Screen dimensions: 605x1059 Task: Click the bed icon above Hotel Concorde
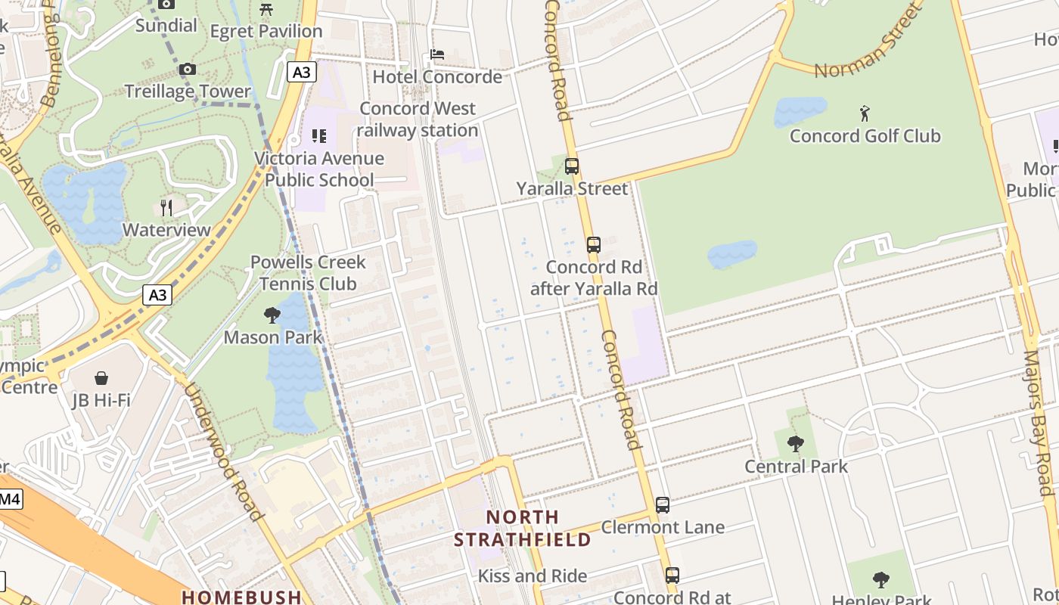pos(437,54)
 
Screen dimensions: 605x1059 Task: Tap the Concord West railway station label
pos(418,119)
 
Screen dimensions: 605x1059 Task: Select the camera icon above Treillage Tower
pos(187,70)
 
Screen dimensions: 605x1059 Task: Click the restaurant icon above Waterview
pos(166,207)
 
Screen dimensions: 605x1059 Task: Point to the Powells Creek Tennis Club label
pos(308,273)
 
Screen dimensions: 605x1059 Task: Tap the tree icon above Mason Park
pos(272,315)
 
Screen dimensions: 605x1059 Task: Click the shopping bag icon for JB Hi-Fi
pos(101,377)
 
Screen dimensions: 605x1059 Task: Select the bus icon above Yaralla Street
pos(572,166)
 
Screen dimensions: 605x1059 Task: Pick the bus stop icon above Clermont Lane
pos(663,504)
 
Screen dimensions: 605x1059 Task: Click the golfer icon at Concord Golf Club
pos(865,114)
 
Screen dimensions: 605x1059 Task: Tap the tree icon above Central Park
pos(795,444)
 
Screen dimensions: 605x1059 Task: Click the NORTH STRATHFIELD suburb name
pos(523,529)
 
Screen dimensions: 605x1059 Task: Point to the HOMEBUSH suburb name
pos(242,597)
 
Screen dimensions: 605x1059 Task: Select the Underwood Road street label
pos(224,451)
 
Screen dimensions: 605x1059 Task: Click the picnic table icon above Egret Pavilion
pos(266,9)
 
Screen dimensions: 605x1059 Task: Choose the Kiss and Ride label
pos(533,576)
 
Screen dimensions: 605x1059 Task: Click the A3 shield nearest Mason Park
pos(157,295)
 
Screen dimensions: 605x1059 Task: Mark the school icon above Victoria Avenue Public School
pos(319,136)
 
